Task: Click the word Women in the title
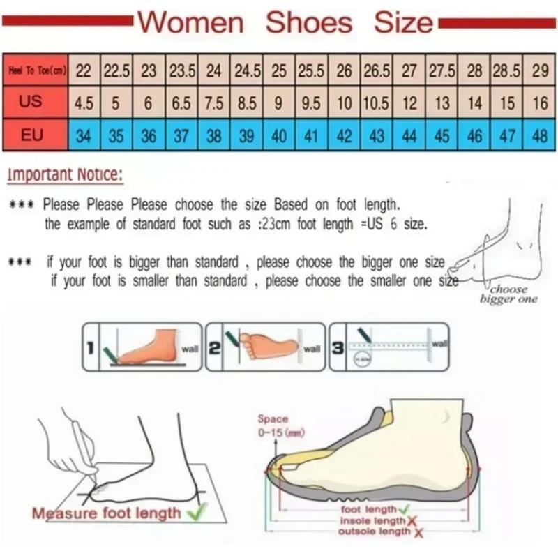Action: click(190, 22)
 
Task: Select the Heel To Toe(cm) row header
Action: click(36, 70)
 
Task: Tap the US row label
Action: click(31, 102)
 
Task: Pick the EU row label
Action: click(32, 135)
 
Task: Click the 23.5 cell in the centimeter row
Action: click(182, 70)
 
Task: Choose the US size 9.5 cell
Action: click(311, 103)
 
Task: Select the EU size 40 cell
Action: click(279, 136)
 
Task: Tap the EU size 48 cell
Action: click(539, 136)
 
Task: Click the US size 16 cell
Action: click(540, 103)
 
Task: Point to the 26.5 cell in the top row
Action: click(377, 70)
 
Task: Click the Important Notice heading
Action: click(65, 174)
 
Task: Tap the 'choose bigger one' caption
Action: click(508, 294)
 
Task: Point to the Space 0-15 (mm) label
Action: click(272, 425)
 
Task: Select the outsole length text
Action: click(375, 532)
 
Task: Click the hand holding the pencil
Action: click(77, 439)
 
